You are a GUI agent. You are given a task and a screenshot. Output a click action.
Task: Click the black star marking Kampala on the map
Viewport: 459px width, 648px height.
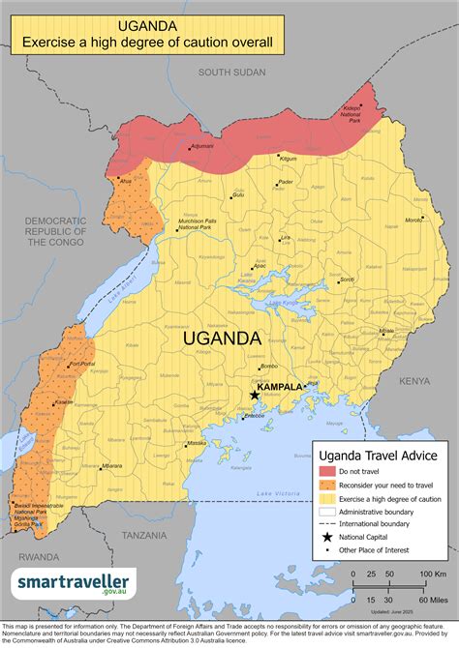tap(255, 395)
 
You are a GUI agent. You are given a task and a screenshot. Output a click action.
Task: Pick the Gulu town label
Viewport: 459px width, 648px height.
tap(238, 194)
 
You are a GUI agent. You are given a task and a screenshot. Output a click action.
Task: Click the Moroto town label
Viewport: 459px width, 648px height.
tap(413, 221)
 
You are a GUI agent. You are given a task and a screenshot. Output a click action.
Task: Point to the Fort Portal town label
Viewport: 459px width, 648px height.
tap(82, 364)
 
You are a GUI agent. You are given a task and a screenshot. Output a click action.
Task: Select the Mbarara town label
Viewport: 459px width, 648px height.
tap(111, 466)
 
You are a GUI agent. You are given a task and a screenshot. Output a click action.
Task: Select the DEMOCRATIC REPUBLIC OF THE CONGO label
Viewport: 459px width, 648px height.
tap(55, 231)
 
